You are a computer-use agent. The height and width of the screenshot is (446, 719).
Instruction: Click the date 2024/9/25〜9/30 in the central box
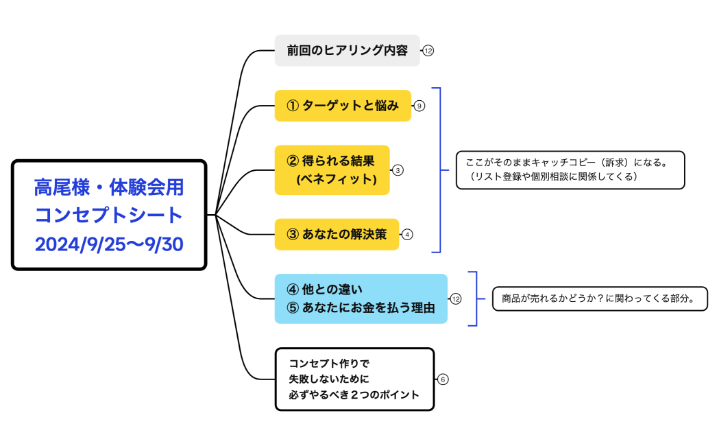click(109, 244)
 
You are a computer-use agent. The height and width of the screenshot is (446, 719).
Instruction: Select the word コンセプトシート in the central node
click(109, 215)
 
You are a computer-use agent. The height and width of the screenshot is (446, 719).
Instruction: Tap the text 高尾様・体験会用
click(109, 187)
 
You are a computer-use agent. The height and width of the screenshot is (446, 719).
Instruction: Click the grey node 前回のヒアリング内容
click(347, 50)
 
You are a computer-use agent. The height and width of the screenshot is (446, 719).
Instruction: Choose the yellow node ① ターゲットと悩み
click(343, 106)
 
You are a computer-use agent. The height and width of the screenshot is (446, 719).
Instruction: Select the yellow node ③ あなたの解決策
click(337, 234)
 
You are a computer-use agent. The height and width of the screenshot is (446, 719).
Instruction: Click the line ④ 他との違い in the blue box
click(324, 290)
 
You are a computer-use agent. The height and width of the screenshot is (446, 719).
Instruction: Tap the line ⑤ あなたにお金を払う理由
click(361, 308)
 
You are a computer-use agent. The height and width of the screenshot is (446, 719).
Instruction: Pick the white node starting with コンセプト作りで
click(354, 379)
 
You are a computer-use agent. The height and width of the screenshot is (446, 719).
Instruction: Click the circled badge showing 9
click(420, 106)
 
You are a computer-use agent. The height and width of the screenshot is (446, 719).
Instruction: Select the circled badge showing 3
click(398, 170)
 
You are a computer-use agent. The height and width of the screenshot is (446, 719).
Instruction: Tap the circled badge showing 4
click(407, 234)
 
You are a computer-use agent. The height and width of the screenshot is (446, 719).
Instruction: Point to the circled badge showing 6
click(443, 379)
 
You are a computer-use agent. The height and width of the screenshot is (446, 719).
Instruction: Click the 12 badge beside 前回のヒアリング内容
click(428, 51)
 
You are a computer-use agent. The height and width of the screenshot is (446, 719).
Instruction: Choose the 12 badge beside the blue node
click(456, 298)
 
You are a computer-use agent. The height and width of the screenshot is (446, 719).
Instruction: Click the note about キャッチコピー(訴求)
click(570, 169)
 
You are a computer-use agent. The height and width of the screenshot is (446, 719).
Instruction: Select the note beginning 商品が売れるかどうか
click(599, 298)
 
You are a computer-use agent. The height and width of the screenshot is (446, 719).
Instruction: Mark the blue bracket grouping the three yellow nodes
click(439, 170)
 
